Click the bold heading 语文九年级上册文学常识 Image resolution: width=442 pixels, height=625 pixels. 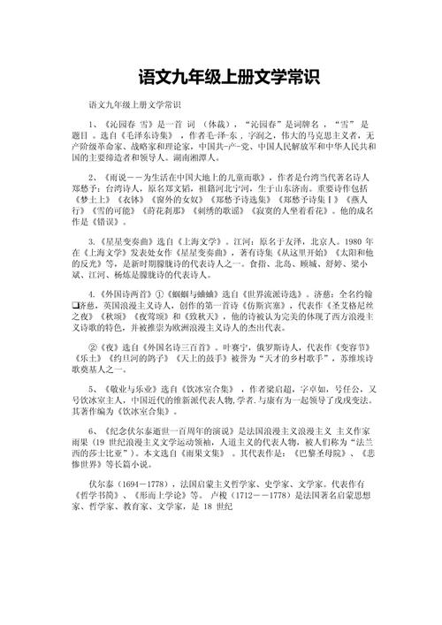[220, 77]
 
